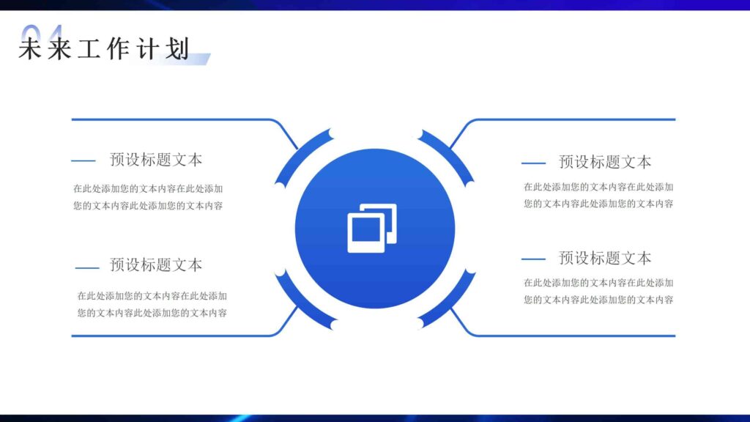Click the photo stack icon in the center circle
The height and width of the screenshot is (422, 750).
(x=372, y=228)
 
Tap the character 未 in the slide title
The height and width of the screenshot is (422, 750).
(x=29, y=49)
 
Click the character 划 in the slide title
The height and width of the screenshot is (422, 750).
(x=178, y=49)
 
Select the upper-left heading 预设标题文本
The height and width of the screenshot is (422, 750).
(x=156, y=159)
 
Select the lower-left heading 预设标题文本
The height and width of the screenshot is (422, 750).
(x=156, y=264)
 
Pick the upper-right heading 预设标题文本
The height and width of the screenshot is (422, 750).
(x=605, y=162)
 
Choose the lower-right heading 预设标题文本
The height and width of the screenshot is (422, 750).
(x=605, y=258)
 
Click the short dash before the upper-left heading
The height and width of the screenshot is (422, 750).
(x=83, y=160)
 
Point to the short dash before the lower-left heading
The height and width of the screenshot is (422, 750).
(x=87, y=267)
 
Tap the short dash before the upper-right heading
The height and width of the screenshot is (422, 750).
(x=533, y=163)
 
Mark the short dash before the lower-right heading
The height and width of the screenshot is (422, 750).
(x=533, y=259)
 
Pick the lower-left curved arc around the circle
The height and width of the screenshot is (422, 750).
(x=301, y=300)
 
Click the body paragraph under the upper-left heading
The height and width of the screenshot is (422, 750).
(x=148, y=196)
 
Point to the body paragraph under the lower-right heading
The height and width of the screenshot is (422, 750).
(x=598, y=291)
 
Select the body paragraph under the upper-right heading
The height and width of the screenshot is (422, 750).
(x=598, y=196)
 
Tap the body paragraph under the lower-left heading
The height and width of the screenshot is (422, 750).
(x=152, y=305)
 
